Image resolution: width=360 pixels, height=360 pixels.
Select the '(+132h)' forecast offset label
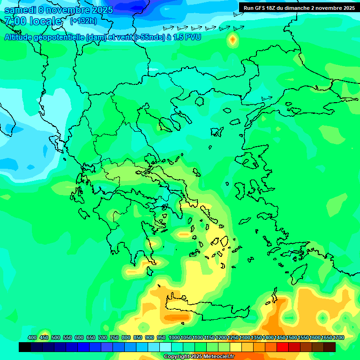click(x=83, y=21)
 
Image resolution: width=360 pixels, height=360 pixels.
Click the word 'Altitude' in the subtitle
click(x=21, y=37)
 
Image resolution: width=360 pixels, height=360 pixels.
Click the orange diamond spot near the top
click(x=232, y=40)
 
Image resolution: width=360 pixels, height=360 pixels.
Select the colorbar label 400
click(x=32, y=337)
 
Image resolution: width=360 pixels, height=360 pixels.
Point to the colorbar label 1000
click(x=174, y=337)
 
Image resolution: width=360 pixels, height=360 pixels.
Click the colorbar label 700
click(x=103, y=337)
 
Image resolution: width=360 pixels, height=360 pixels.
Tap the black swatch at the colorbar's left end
click(x=25, y=347)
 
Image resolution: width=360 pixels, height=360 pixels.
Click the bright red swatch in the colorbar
click(x=283, y=347)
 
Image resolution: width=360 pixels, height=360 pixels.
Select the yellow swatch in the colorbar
click(x=236, y=347)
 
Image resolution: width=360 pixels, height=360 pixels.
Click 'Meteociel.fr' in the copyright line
click(x=217, y=357)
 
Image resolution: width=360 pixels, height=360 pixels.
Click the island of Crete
click(x=206, y=310)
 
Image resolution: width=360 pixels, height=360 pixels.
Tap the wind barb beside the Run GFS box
click(x=238, y=28)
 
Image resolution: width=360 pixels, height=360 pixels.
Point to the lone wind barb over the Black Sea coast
click(x=267, y=98)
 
